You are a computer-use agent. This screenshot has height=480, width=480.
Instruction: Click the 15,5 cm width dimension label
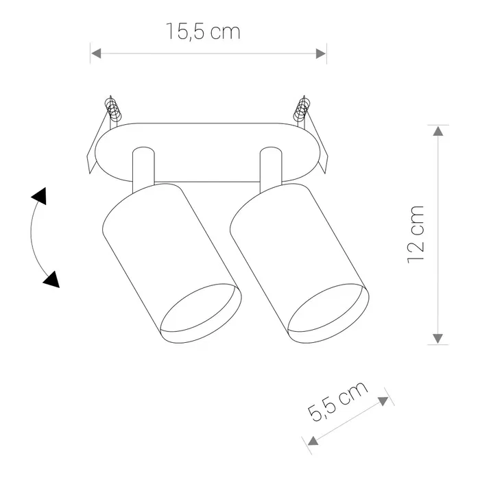point(203,32)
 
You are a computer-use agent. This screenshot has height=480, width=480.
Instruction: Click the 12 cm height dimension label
point(416,234)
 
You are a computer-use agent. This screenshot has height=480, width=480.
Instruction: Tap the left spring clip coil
point(114,110)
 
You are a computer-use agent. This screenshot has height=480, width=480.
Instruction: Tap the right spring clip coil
point(302,110)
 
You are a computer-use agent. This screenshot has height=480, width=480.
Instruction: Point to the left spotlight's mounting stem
point(143,168)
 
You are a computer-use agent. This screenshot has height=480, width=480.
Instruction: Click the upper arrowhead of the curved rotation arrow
point(40,196)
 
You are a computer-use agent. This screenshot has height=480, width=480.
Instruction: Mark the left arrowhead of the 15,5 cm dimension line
point(96,53)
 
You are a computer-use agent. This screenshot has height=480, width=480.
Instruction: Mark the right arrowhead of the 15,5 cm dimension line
point(320,53)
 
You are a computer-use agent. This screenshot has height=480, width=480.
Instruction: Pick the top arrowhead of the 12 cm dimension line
point(437,131)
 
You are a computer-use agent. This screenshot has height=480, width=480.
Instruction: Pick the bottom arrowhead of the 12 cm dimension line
point(437,337)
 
